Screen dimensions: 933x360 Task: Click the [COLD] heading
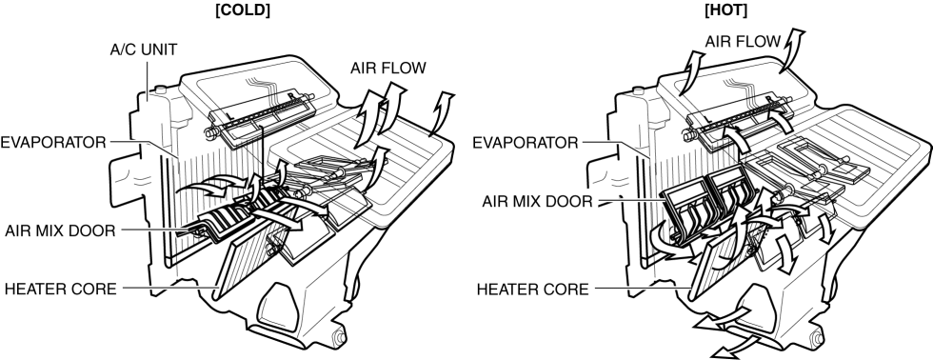[242, 10]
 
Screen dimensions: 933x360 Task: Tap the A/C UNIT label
[144, 50]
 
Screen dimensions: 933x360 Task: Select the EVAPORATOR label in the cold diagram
[53, 142]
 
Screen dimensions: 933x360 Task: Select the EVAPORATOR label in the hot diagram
[526, 143]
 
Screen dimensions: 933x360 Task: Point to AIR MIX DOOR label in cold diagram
[60, 230]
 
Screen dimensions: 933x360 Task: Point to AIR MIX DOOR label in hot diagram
[537, 202]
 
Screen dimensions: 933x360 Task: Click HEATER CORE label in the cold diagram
[61, 290]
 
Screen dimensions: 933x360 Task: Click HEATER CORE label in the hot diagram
[532, 290]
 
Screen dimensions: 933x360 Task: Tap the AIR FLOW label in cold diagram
[388, 68]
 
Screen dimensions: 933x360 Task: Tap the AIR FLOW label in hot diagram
[743, 42]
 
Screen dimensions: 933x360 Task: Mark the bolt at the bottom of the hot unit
[814, 338]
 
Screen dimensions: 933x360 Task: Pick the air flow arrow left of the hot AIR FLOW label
[690, 71]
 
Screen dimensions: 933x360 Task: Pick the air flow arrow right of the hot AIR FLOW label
[790, 50]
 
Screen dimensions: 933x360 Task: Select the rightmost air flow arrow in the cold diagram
[442, 113]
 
